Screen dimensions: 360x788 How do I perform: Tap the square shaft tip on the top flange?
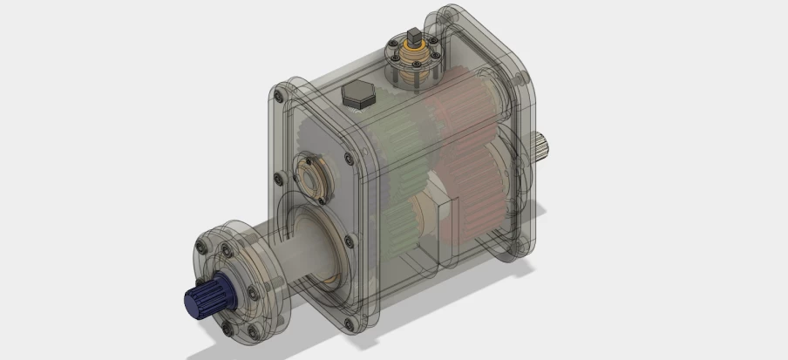tap(413, 37)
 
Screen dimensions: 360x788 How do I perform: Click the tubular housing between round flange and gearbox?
tap(305, 253)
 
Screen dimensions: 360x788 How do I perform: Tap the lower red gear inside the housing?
tap(475, 192)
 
